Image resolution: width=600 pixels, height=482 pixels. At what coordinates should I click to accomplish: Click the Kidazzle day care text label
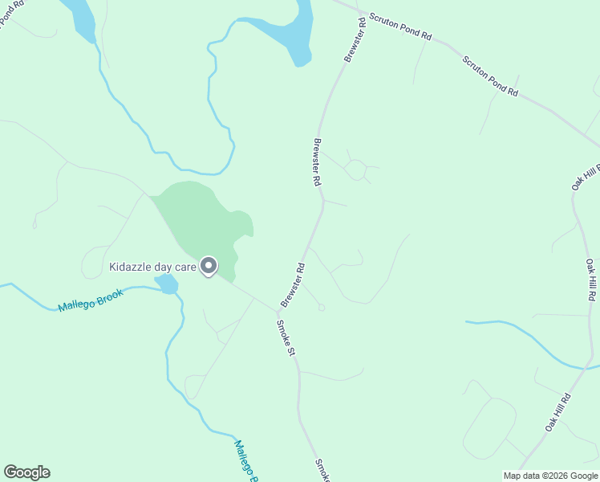[152, 265]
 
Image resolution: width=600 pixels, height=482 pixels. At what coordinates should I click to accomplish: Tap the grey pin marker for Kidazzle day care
[209, 265]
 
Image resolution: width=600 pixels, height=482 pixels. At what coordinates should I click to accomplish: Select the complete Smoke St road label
[286, 338]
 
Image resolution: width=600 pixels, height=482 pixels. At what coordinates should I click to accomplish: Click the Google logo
[26, 472]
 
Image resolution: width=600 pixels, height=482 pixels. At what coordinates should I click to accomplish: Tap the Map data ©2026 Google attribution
[550, 475]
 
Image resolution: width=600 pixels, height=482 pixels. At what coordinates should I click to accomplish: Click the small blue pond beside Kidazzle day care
[167, 284]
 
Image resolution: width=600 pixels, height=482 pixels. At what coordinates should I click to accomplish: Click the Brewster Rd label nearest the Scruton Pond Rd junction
[355, 38]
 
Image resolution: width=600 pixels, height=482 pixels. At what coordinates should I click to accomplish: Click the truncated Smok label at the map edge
[322, 471]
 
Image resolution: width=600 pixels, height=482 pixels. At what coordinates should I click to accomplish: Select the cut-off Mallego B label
[245, 460]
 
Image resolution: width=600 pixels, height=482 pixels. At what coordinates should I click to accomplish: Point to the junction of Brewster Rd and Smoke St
[277, 311]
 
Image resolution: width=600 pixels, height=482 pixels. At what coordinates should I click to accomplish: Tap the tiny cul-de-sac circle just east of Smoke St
[321, 307]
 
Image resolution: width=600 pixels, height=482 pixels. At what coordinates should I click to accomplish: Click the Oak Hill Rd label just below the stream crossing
[557, 412]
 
